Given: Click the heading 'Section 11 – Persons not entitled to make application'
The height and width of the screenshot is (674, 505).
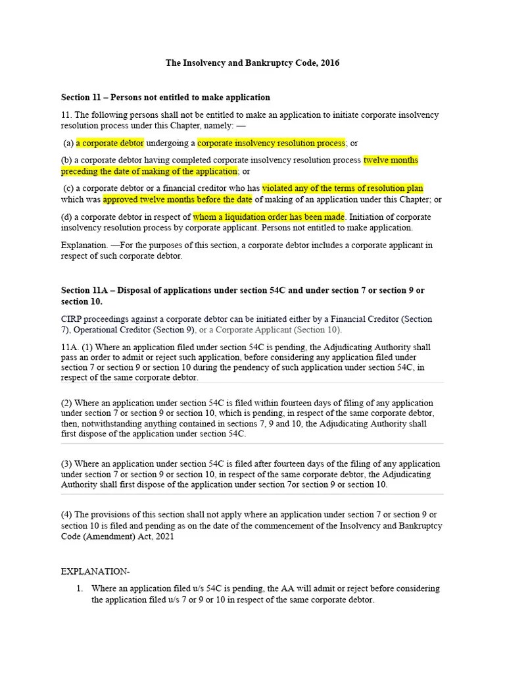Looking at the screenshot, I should [165, 97].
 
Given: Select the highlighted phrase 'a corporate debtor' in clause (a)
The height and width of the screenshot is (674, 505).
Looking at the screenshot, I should [110, 143].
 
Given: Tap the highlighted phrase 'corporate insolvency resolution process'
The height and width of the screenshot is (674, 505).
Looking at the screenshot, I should [271, 143].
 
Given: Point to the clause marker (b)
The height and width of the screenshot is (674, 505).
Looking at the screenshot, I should [66, 160].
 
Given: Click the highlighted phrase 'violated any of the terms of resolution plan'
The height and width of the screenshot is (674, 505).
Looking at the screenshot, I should [343, 188].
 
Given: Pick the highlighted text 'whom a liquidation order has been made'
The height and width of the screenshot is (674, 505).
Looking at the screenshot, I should [268, 217].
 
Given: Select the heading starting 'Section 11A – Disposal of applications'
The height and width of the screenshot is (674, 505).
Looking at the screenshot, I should [243, 290].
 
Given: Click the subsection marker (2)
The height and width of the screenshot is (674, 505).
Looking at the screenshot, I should [66, 403].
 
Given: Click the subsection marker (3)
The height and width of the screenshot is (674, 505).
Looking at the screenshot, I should [66, 464].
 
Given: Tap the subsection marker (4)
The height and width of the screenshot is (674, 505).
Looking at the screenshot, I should [66, 515].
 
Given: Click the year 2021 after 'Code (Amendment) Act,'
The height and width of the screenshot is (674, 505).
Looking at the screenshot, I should [164, 536].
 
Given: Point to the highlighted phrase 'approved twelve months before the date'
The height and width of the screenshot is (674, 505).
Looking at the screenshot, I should [178, 199].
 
